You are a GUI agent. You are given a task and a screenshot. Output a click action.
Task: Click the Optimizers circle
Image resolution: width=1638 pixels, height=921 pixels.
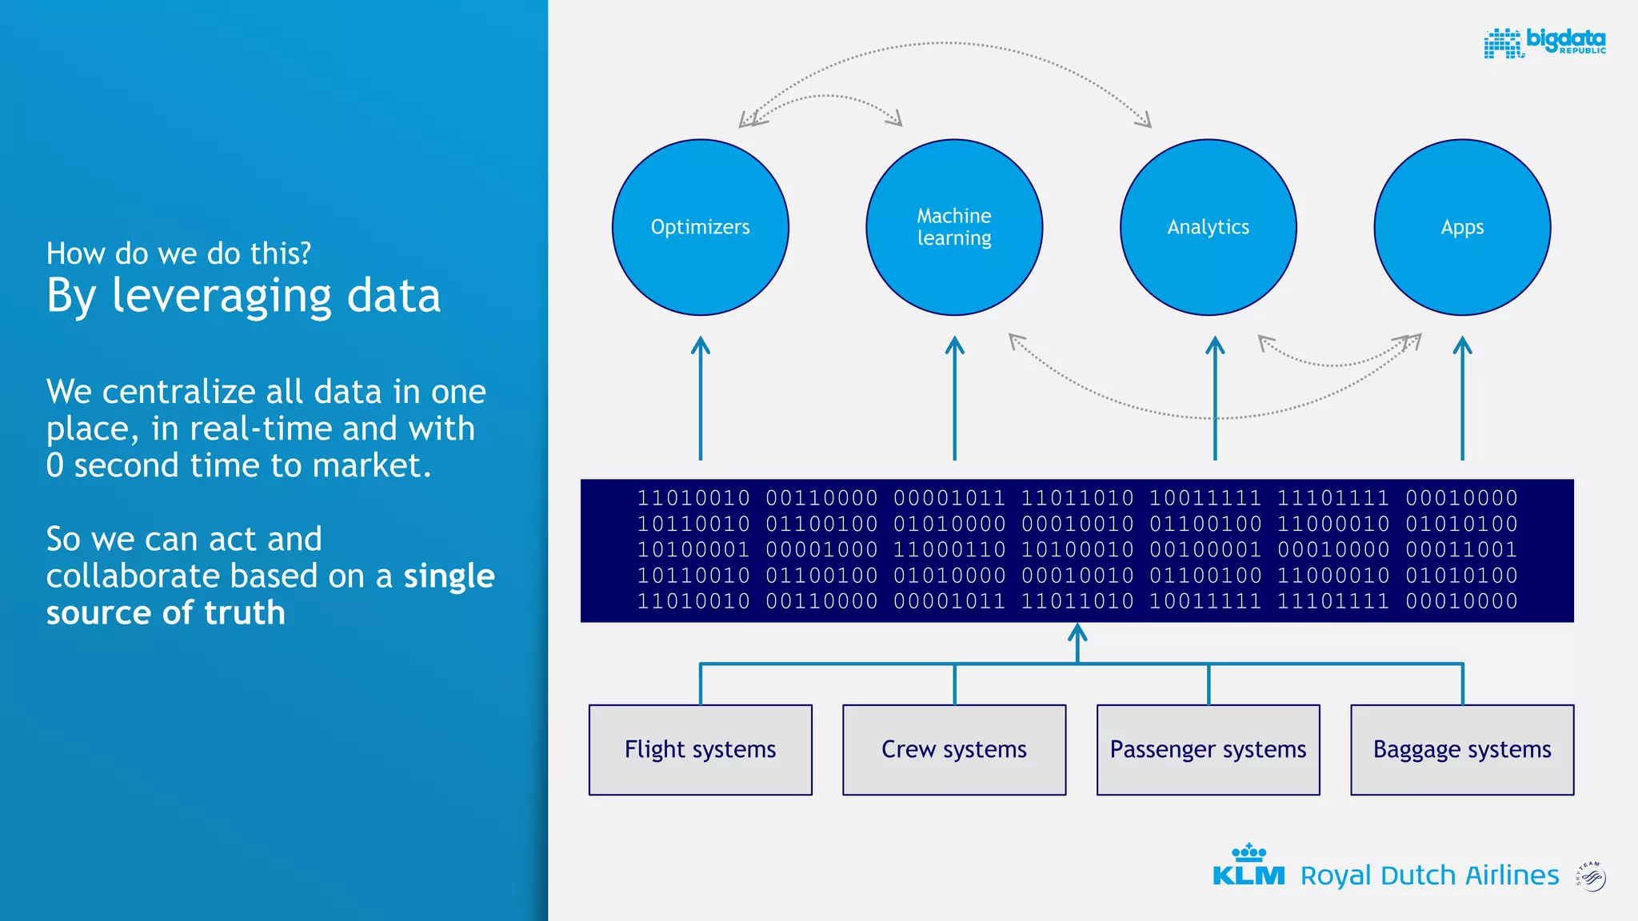tap(701, 227)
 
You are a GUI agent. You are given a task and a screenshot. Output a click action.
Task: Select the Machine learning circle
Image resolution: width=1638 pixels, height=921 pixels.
tap(954, 227)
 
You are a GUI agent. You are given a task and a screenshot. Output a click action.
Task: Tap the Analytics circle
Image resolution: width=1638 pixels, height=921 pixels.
tap(1208, 227)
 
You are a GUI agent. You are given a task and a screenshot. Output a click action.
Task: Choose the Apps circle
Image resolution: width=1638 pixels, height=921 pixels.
tap(1462, 227)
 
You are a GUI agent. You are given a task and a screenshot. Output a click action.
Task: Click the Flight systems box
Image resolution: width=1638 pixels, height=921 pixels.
tap(701, 750)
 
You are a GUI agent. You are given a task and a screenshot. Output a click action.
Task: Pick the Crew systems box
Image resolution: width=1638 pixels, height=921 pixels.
tap(954, 750)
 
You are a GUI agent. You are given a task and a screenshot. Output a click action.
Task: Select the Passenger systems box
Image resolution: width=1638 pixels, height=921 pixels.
tap(1208, 750)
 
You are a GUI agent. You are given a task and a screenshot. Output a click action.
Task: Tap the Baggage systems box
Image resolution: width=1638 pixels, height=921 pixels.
tap(1462, 750)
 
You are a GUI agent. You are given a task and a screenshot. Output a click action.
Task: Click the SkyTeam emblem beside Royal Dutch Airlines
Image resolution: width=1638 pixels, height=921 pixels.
tap(1591, 876)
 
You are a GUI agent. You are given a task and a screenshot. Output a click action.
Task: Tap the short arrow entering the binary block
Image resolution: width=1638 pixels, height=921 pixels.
tap(1077, 642)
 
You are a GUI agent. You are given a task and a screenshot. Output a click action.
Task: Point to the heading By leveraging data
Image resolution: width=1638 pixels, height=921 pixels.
tap(243, 296)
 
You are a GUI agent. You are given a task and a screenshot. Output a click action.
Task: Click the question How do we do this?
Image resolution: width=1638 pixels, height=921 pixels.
tap(178, 253)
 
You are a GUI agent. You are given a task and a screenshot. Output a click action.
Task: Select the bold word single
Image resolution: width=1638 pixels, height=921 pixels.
tap(449, 576)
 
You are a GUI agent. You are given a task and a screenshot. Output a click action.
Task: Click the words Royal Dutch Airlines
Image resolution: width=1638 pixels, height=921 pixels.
tap(1429, 876)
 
